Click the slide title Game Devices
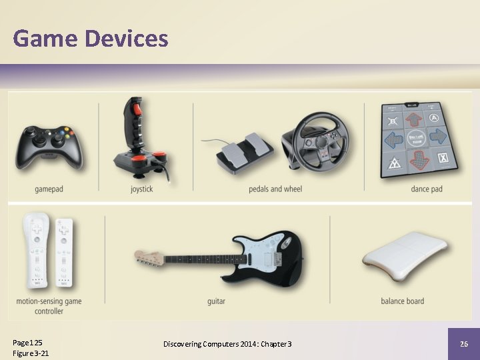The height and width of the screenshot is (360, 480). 91,39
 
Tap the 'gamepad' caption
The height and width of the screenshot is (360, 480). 49,189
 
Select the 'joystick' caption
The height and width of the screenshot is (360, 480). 141,189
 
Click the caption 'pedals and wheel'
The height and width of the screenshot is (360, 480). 275,189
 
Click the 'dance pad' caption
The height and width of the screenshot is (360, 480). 426,189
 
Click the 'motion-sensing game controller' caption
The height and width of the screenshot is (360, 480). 49,306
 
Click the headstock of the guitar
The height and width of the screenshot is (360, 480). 149,257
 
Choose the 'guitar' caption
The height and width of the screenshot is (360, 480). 216,301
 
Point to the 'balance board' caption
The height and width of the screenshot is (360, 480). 402,301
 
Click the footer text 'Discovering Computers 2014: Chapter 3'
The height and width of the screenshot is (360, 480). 227,344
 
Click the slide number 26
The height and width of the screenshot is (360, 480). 464,344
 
